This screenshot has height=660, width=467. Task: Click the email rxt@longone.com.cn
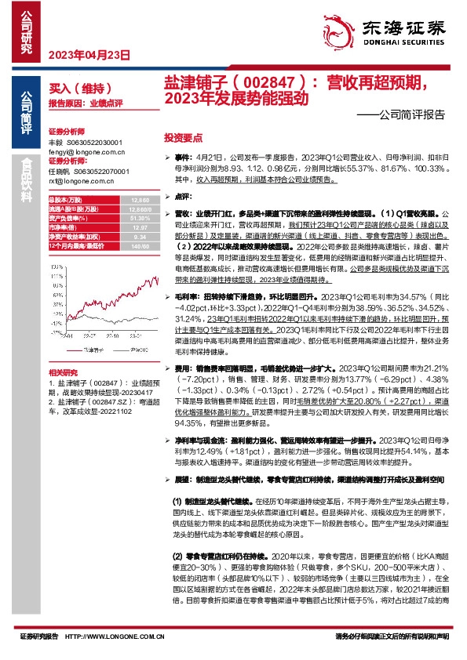coord(78,180)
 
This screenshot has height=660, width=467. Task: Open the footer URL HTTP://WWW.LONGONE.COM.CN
coord(111,636)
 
